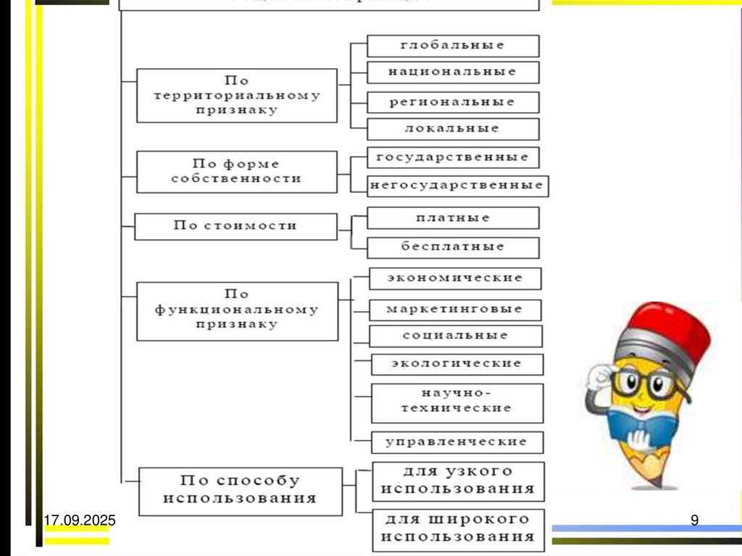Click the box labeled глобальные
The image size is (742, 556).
tap(453, 46)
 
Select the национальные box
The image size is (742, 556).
tap(453, 72)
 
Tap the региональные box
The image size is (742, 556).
tap(453, 102)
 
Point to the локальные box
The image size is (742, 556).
tap(453, 129)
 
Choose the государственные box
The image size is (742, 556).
tap(453, 157)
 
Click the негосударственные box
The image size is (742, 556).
tap(457, 186)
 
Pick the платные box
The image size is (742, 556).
tap(453, 218)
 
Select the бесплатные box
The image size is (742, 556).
tap(453, 247)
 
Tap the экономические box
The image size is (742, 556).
tap(455, 278)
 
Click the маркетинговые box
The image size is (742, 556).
tap(455, 310)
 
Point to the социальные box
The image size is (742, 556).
tap(455, 336)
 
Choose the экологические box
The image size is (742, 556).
tap(457, 364)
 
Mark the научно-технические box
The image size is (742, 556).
tap(457, 402)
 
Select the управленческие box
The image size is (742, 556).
tap(457, 441)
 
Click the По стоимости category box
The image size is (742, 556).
tap(236, 226)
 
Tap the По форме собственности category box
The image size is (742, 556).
tap(236, 172)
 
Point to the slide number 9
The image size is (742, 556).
tap(694, 520)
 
